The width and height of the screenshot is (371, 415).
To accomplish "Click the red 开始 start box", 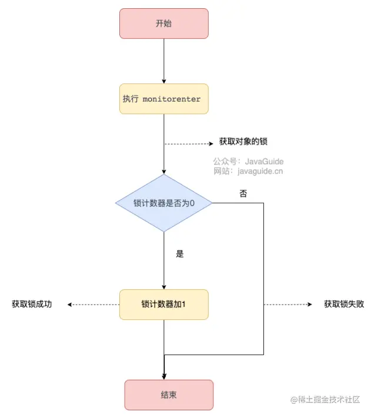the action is (164, 23).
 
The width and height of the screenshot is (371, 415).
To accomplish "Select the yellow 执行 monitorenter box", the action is (164, 99).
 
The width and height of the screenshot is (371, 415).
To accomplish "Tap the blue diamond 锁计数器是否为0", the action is (164, 203).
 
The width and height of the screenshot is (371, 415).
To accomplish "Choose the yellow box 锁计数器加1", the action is (164, 305).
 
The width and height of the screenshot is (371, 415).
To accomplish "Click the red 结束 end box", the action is (169, 395).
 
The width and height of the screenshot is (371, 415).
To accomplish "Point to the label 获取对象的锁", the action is (243, 141).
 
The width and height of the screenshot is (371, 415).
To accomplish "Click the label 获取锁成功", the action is (32, 304).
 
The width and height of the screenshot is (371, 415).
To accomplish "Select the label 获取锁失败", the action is (344, 304).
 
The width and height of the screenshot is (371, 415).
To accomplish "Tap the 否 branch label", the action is (243, 194).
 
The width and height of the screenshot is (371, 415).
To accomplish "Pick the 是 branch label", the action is (180, 254).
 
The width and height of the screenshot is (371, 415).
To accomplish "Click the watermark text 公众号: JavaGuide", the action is (248, 161).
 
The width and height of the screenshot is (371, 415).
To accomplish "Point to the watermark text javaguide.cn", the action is (260, 171).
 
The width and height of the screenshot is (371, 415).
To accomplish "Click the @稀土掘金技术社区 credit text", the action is (325, 400).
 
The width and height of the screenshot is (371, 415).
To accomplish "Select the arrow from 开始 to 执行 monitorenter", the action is (164, 61).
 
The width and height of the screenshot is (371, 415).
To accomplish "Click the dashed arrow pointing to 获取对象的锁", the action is (189, 144).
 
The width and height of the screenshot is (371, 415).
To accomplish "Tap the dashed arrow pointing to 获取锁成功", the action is (93, 305).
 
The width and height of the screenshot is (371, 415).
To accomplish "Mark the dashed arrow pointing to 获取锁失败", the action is (288, 305).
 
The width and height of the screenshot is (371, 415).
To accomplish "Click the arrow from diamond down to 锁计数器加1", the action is (164, 261).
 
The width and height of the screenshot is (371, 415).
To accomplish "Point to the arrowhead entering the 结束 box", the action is (164, 377).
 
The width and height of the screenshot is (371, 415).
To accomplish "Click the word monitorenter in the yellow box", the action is (172, 99).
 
